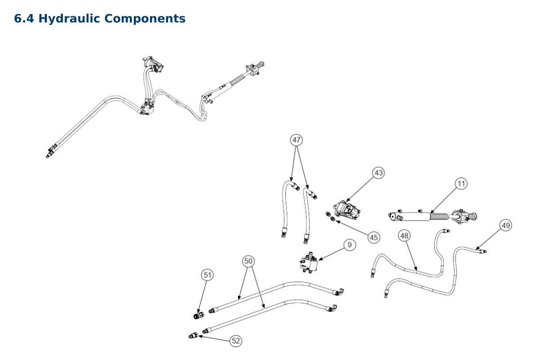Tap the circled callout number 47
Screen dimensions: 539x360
[x=296, y=140]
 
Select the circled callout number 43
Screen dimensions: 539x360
[x=379, y=173]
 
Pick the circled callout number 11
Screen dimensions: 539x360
[x=461, y=184]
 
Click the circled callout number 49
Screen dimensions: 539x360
[x=506, y=225]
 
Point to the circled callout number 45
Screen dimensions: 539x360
[x=374, y=238]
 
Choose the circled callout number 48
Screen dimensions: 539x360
[x=405, y=236]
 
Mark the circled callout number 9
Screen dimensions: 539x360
[x=349, y=245]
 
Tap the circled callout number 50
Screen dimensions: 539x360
[x=248, y=261]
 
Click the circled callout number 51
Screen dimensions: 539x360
[x=207, y=275]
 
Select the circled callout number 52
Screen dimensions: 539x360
[x=235, y=341]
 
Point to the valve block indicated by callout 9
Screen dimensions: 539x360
[x=309, y=263]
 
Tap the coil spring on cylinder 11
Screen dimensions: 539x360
[x=439, y=217]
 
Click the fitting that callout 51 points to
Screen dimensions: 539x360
[x=199, y=315]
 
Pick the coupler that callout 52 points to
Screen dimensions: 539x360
[x=193, y=335]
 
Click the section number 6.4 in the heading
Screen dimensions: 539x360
[x=24, y=19]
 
